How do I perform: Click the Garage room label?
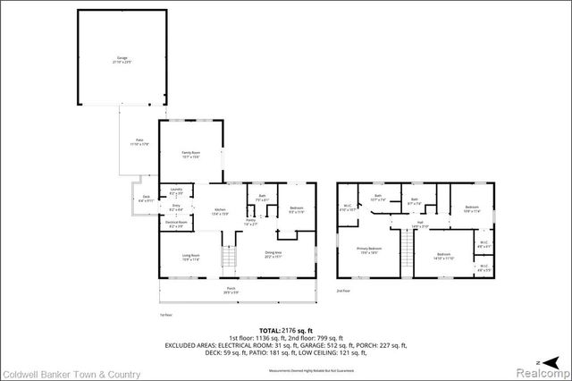[121, 60]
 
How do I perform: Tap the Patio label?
[139, 141]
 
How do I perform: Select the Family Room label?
[191, 156]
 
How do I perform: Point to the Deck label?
[147, 199]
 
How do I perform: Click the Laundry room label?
[176, 192]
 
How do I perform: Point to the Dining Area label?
[273, 255]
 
